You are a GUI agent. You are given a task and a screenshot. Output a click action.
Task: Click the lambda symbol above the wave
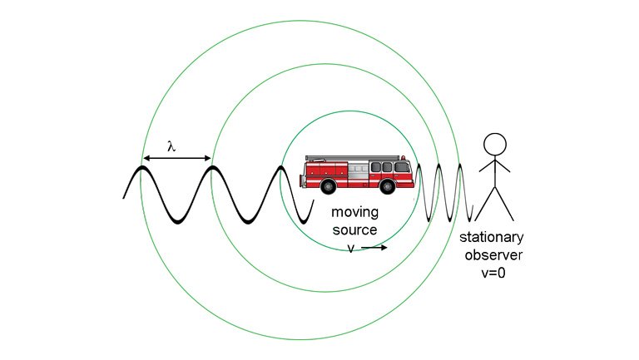(171, 146)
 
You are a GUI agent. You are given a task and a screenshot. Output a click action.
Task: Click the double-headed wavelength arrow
(176, 158)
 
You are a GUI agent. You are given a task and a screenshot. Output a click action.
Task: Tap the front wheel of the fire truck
(393, 186)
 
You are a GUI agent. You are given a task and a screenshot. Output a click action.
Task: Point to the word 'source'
(355, 229)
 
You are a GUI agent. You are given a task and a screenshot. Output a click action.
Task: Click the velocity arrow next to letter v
(374, 247)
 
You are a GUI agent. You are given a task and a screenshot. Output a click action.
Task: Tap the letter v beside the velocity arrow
(351, 247)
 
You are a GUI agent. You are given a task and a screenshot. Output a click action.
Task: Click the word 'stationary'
(497, 239)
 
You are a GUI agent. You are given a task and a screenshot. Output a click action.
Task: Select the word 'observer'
(497, 254)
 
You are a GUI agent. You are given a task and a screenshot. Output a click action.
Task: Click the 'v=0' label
(497, 270)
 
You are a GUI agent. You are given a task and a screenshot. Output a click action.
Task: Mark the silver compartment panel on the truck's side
(358, 172)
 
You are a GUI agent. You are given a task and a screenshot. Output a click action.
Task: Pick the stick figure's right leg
(506, 205)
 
